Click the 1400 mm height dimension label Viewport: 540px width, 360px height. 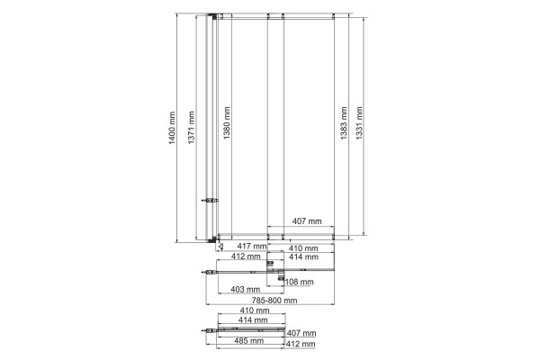coord(172,128)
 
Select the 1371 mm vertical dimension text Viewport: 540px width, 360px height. coord(191,128)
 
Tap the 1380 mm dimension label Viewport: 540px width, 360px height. coord(226,123)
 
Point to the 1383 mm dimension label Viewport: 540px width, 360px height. coord(344,123)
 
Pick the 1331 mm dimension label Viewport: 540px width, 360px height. coord(359,123)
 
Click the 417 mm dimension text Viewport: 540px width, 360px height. coord(252,247)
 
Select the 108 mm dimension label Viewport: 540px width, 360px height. coord(300,282)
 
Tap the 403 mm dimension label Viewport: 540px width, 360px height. coord(245,290)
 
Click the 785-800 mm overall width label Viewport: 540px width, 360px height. coord(274,301)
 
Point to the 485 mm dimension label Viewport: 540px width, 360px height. coord(249,341)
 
